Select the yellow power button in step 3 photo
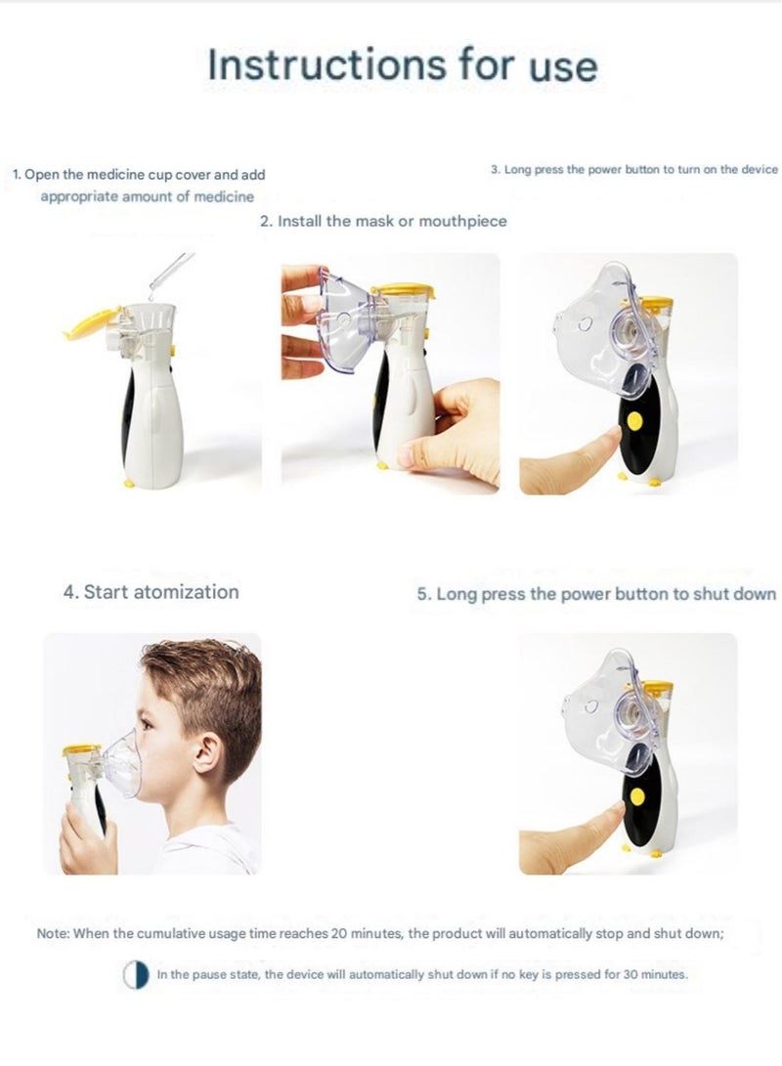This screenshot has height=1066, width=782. point(634,420)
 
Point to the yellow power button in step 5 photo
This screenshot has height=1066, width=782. point(637,796)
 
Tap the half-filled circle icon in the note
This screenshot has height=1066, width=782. point(136,974)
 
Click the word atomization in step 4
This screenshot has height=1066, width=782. point(186,591)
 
